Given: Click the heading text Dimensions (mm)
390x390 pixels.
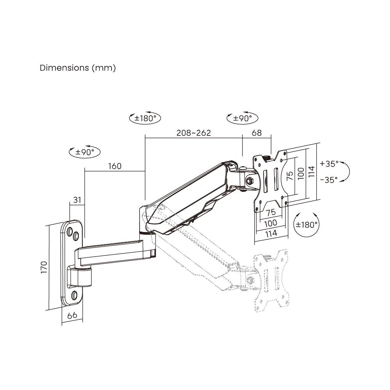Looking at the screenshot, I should coord(78,68).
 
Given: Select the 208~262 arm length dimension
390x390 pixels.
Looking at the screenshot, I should coord(193,133).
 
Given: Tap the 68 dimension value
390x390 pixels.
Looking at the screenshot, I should coord(257,133).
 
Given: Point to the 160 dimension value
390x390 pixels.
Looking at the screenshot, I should coord(115,166).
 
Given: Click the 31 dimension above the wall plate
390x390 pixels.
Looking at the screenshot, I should coord(77,200).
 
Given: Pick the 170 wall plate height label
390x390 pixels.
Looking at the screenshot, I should coord(44,267).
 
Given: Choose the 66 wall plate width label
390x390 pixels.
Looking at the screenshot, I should coord(72,316).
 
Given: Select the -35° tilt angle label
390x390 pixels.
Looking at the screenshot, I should coord(329,180).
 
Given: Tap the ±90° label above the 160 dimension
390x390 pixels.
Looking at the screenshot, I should coord(84,152).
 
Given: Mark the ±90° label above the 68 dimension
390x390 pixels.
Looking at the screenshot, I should coord(242,118).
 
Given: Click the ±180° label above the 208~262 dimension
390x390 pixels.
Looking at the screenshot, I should coord(145,118).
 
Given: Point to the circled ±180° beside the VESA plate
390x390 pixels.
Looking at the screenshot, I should coord(306,225).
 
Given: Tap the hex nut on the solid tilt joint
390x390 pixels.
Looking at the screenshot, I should coord(249,180).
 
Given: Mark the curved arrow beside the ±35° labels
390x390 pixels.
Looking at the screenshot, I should coord(345,172).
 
